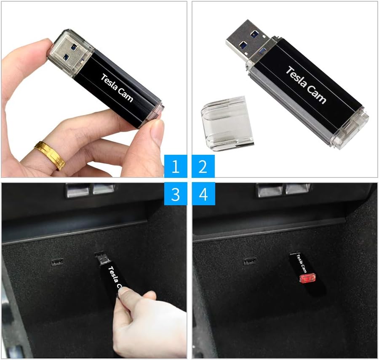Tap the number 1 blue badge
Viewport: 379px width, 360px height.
(175, 166)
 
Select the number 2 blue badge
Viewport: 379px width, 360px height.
(203, 166)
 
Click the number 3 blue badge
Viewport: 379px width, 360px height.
(175, 194)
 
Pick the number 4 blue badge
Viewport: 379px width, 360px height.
(203, 194)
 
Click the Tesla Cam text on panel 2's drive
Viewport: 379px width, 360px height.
(306, 85)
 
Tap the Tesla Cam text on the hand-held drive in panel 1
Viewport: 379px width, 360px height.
(117, 87)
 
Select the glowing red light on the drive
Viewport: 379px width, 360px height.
(307, 278)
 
